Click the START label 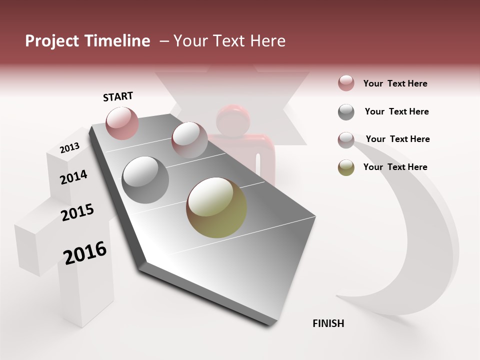point(118,96)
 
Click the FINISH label point(328,323)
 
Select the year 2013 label point(69,147)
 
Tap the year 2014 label point(73,177)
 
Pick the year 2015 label point(77,212)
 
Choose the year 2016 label point(85,252)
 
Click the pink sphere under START point(122,123)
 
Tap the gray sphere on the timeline point(145,179)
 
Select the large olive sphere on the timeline point(216,207)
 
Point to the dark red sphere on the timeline point(189,139)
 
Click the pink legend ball point(346,83)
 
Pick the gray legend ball point(346,112)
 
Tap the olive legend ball point(346,167)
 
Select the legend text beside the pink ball point(395,83)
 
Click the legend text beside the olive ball point(395,167)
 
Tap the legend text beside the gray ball point(396,111)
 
